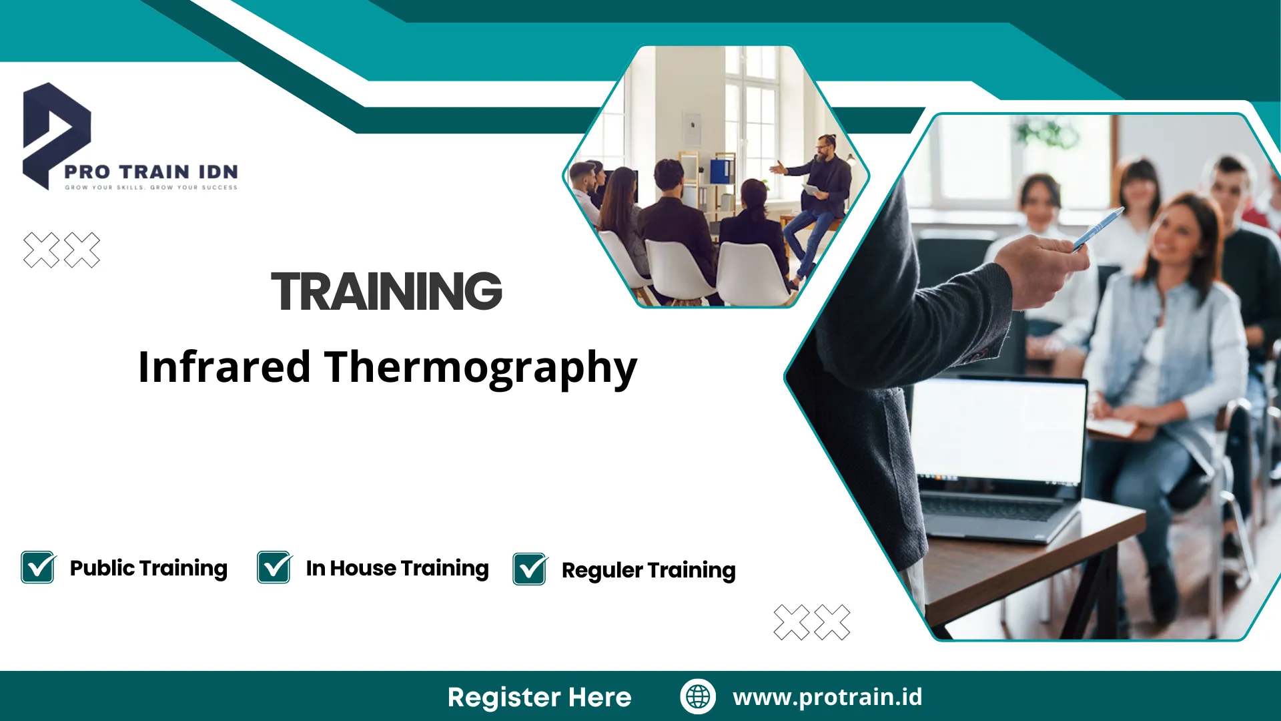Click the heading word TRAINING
pyautogui.click(x=386, y=291)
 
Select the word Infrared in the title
pyautogui.click(x=224, y=367)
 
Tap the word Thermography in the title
pyautogui.click(x=480, y=368)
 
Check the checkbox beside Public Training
pyautogui.click(x=38, y=567)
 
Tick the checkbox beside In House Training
pyautogui.click(x=274, y=567)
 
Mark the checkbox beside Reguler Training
pyautogui.click(x=530, y=569)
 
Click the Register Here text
pyautogui.click(x=539, y=697)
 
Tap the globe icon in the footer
pyautogui.click(x=698, y=696)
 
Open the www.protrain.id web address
pyautogui.click(x=827, y=696)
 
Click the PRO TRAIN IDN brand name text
pyautogui.click(x=151, y=172)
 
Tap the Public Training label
pyautogui.click(x=148, y=568)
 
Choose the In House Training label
pyautogui.click(x=397, y=568)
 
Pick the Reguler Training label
pyautogui.click(x=649, y=570)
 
